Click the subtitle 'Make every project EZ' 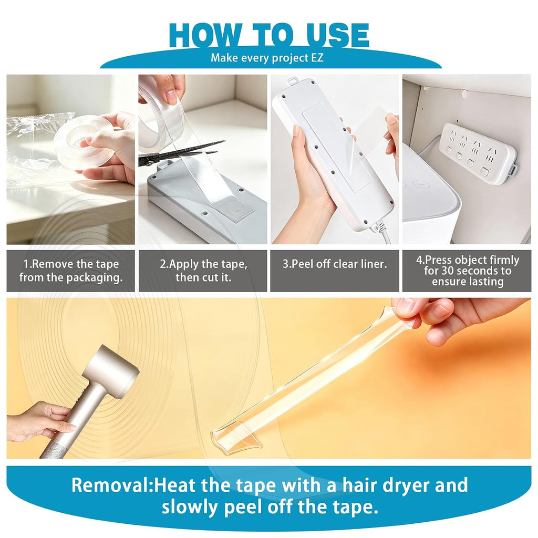tap(267, 57)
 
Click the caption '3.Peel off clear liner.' tap(335, 264)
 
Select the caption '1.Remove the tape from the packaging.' tap(71, 271)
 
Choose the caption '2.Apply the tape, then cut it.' tap(203, 271)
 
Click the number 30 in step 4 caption tap(448, 271)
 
